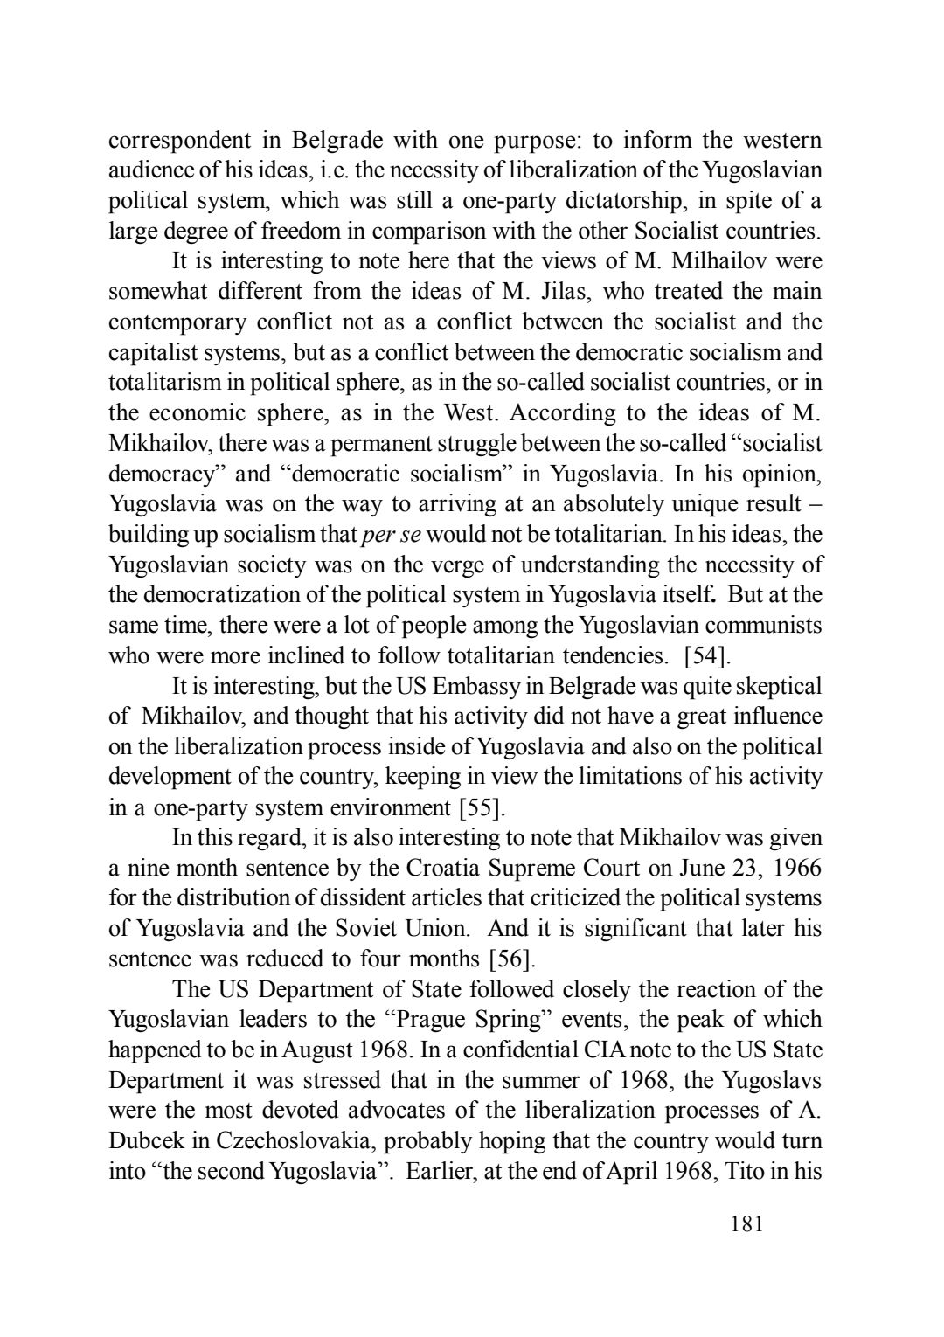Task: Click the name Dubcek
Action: (x=143, y=1140)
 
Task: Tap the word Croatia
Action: (x=444, y=868)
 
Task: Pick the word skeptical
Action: (x=776, y=686)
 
